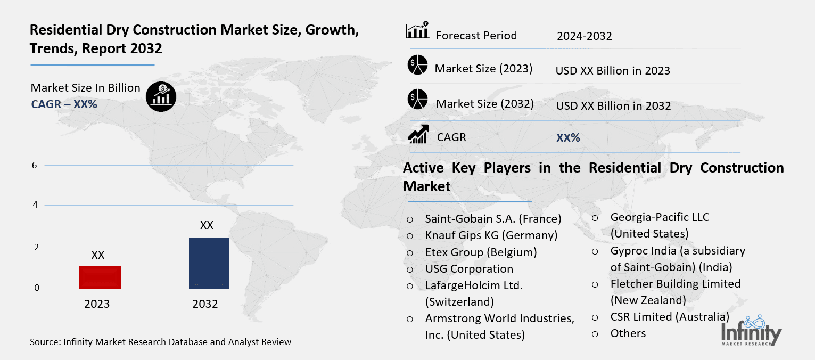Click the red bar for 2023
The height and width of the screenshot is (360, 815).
click(x=100, y=277)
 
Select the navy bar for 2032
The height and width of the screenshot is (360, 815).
click(x=209, y=263)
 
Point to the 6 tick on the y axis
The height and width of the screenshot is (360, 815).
click(x=35, y=165)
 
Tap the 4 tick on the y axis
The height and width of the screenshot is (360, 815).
click(x=35, y=205)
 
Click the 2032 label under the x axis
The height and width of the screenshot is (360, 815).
click(x=205, y=304)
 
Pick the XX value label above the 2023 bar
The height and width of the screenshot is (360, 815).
click(x=98, y=255)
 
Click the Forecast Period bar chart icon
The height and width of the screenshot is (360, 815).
click(x=417, y=31)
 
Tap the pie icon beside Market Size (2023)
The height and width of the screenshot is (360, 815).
click(x=418, y=65)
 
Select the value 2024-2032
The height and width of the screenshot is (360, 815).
click(x=584, y=36)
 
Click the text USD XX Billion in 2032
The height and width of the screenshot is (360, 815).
click(x=613, y=106)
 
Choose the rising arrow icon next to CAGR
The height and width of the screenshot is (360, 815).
click(x=418, y=134)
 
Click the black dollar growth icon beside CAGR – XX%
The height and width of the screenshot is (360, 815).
click(x=161, y=97)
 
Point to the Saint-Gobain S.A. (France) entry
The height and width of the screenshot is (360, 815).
click(x=493, y=218)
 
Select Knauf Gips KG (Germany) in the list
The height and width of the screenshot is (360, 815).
click(x=491, y=235)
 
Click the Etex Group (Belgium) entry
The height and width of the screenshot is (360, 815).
click(x=481, y=252)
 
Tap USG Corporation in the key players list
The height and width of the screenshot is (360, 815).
click(x=469, y=269)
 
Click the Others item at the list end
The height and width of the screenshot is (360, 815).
click(x=628, y=333)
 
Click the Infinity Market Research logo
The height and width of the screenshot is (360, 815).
click(x=751, y=331)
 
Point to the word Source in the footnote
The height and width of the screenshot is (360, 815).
click(x=44, y=342)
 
